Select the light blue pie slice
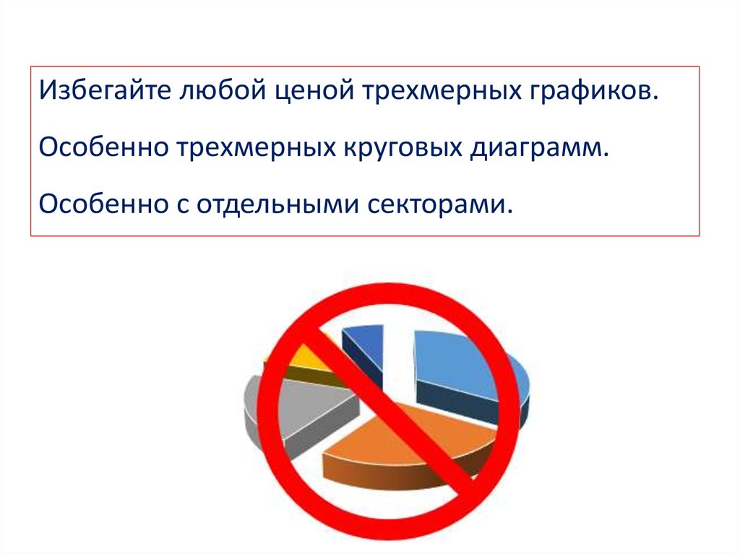coord(462,361)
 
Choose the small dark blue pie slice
coord(365,339)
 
